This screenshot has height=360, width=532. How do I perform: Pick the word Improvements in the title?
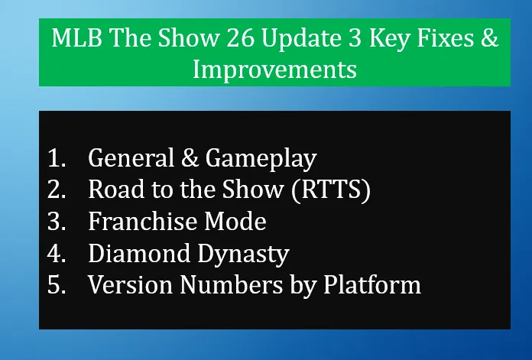tap(274, 70)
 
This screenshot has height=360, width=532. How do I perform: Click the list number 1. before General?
tap(57, 158)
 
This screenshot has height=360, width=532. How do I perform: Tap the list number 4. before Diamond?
tap(57, 254)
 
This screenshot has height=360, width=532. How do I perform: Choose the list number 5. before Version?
tap(57, 285)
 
